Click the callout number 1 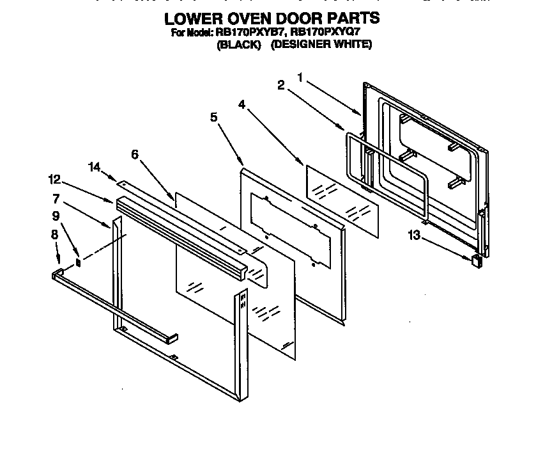(300, 77)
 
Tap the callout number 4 (241, 104)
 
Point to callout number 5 (213, 116)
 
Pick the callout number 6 (134, 154)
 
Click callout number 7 (56, 198)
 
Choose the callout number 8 (55, 234)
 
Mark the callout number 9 (56, 216)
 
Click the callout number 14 (95, 167)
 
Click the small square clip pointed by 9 (79, 262)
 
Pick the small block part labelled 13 (475, 260)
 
